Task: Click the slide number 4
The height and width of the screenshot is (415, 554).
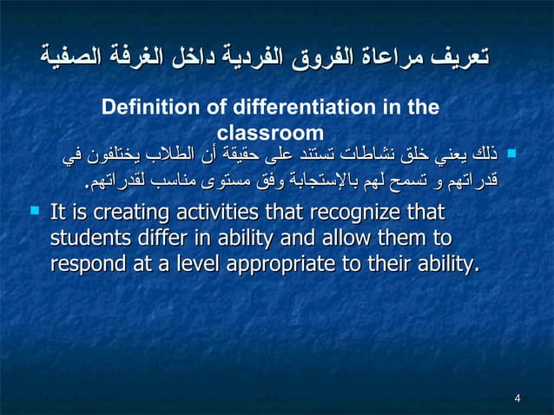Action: pos(518,399)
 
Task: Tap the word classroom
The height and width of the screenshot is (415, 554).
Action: pos(269,133)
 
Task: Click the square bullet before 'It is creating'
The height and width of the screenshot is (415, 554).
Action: pos(33,211)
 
